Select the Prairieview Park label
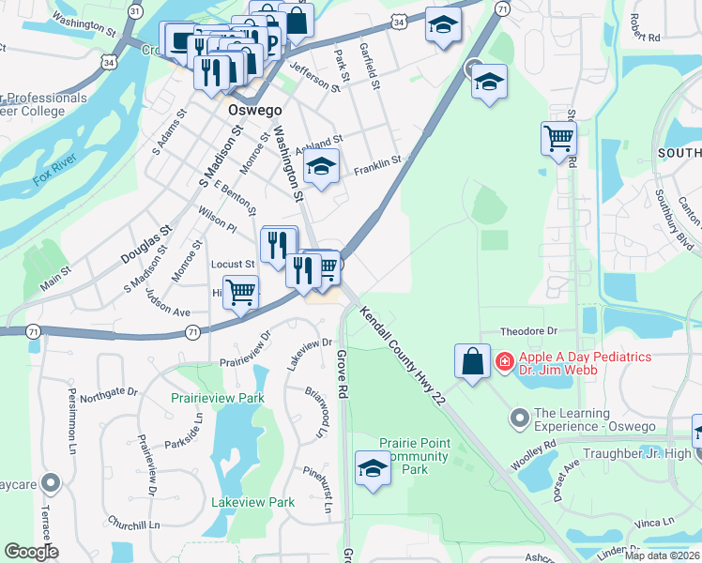218,398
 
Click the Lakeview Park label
253,502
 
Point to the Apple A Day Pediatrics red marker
504,360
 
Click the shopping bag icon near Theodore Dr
472,361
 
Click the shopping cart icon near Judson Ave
241,293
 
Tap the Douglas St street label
146,243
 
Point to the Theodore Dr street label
528,331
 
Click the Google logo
31,552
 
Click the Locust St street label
234,266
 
